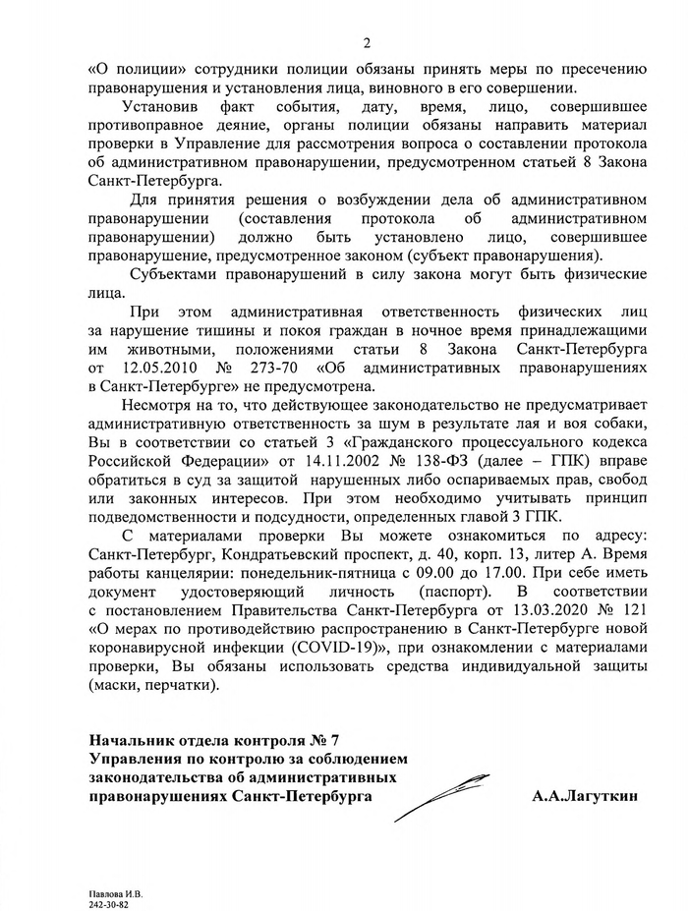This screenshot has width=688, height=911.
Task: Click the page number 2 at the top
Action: pyautogui.click(x=366, y=41)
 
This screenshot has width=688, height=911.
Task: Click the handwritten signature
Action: pyautogui.click(x=443, y=796)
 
